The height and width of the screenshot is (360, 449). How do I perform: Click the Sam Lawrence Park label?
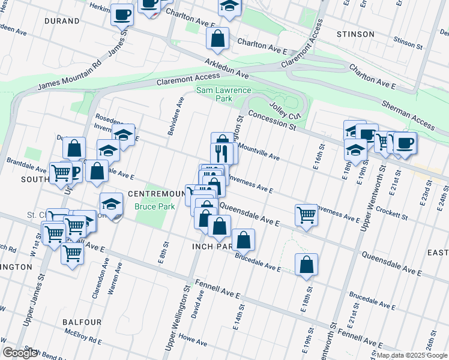point(215,94)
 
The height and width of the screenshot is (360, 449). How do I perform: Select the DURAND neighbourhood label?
point(62,21)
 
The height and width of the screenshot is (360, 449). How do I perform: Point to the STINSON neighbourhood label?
point(356,34)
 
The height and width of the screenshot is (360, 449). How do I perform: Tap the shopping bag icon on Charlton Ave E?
point(217,38)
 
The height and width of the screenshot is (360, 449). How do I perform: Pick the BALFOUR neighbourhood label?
point(82,322)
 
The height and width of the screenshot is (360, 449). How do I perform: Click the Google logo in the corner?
point(20,353)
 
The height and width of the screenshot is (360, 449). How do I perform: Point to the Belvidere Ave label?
point(175,115)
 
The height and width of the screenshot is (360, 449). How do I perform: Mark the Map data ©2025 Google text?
point(412,355)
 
